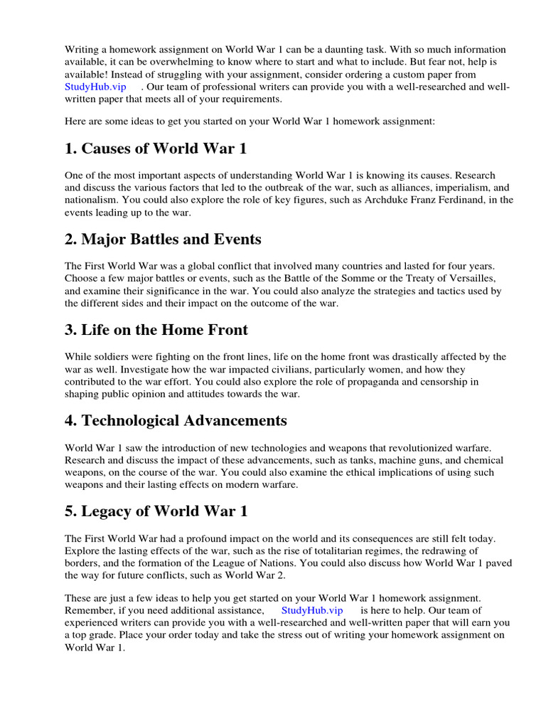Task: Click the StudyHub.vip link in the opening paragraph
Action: click(x=95, y=86)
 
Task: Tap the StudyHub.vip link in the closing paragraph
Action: click(x=312, y=610)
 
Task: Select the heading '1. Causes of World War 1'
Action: click(x=156, y=149)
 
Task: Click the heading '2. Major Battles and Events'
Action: click(x=163, y=239)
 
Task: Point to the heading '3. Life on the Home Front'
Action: click(x=156, y=329)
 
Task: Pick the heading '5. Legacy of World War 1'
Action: click(x=156, y=510)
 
